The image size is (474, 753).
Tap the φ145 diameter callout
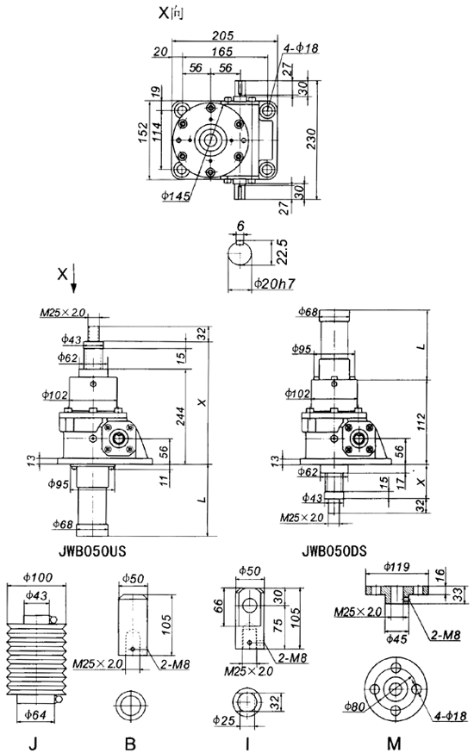click(x=176, y=197)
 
